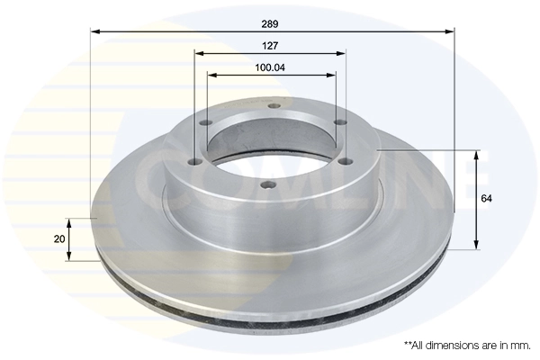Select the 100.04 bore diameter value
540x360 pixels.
click(271, 67)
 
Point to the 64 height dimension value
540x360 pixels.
click(487, 197)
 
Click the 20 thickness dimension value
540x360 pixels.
click(58, 238)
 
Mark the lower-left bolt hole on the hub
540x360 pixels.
click(194, 164)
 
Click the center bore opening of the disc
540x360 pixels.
click(270, 148)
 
